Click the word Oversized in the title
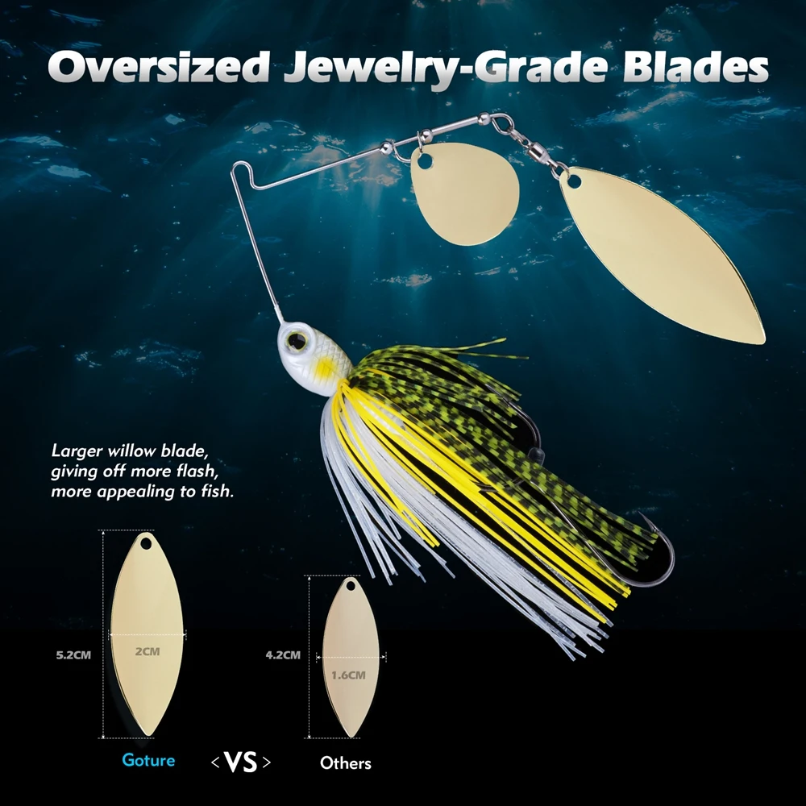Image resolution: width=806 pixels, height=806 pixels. click(x=158, y=68)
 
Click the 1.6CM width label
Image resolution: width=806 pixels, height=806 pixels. click(x=348, y=675)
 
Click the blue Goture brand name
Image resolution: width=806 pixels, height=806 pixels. click(x=148, y=759)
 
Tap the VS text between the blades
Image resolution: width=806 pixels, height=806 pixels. click(x=240, y=762)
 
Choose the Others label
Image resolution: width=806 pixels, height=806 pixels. click(x=346, y=762)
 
